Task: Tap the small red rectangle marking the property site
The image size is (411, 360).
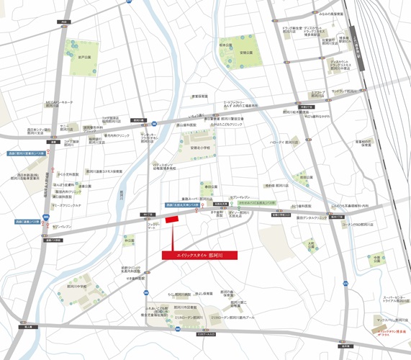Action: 171,220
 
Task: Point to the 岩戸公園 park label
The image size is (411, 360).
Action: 83,57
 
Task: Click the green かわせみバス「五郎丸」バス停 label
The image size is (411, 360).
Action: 248,204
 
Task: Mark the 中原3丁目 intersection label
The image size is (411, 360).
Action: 308,107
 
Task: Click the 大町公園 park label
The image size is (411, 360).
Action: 310,244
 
